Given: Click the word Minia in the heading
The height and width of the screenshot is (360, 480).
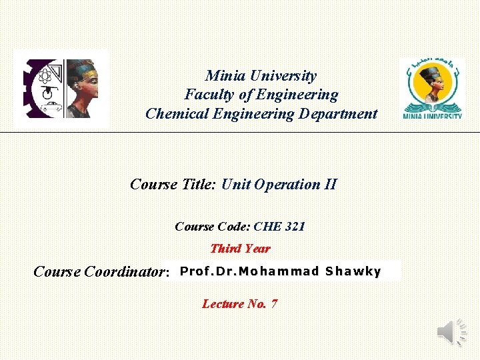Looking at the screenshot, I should point(223,76).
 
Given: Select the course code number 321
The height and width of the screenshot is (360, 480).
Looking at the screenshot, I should point(295,227).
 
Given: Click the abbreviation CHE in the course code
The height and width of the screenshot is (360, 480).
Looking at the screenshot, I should point(267,227).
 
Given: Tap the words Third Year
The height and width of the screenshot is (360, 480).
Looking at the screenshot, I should point(240,249).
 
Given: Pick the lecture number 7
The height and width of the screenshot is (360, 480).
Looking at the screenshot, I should point(274,304).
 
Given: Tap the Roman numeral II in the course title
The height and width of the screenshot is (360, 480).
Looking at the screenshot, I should point(330,184).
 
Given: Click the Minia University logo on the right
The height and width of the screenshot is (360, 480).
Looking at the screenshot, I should point(432,89).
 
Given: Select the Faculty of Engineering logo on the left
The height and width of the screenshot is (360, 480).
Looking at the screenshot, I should point(61,89).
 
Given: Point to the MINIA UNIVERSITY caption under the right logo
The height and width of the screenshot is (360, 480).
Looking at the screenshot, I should point(432,117).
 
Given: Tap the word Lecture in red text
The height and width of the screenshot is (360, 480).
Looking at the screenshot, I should point(223,304).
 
